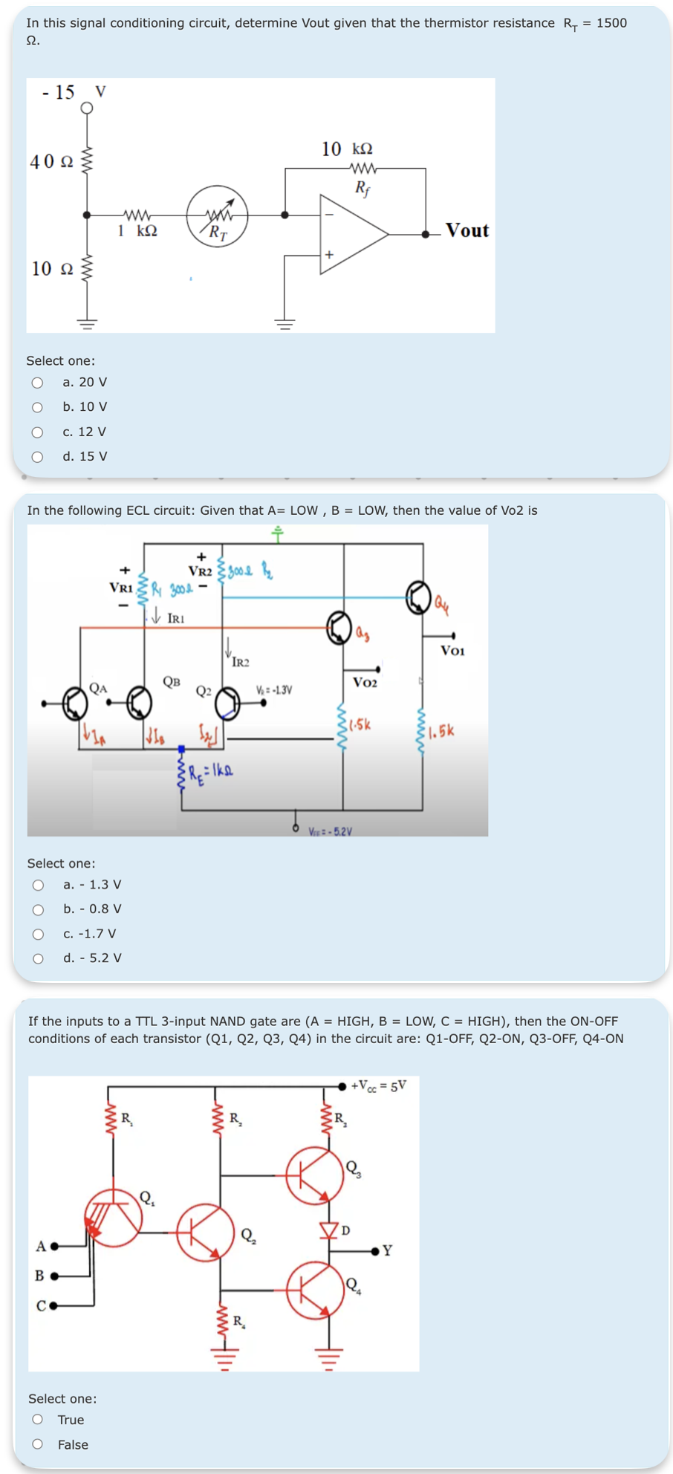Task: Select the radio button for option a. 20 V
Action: pyautogui.click(x=37, y=383)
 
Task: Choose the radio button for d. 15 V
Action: pyautogui.click(x=37, y=457)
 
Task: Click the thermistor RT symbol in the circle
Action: pyautogui.click(x=217, y=216)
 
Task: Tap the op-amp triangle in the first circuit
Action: pyautogui.click(x=349, y=234)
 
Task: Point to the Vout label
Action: pyautogui.click(x=466, y=230)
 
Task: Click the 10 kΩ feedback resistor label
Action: pyautogui.click(x=347, y=149)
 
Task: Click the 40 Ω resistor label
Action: pyautogui.click(x=51, y=161)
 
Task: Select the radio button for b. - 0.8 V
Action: pyautogui.click(x=38, y=909)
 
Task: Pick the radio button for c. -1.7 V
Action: pyautogui.click(x=38, y=934)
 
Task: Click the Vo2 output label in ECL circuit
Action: pyautogui.click(x=365, y=682)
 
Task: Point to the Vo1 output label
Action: pyautogui.click(x=452, y=651)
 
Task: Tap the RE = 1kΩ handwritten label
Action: pyautogui.click(x=211, y=771)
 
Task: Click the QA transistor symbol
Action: pyautogui.click(x=74, y=703)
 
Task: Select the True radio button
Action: pyautogui.click(x=38, y=1420)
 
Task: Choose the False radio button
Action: pyautogui.click(x=38, y=1444)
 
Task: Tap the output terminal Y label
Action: pyautogui.click(x=387, y=1250)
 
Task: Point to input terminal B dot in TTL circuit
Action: pyautogui.click(x=54, y=1276)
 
